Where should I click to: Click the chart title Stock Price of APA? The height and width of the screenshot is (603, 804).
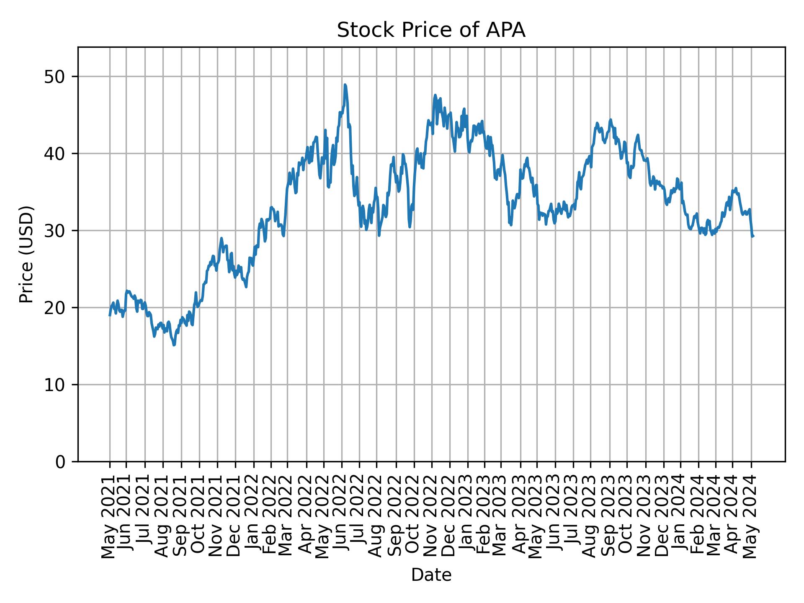(431, 31)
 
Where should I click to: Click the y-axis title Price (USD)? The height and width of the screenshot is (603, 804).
(26, 254)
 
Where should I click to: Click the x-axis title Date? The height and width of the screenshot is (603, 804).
(431, 575)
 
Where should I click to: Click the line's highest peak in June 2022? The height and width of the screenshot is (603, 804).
(345, 85)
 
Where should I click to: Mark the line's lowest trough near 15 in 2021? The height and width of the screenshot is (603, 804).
(174, 345)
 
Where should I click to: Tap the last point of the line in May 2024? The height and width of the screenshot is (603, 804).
(753, 237)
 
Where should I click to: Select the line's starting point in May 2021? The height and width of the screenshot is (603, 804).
(110, 315)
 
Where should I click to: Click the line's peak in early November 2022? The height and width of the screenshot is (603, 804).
(435, 95)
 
